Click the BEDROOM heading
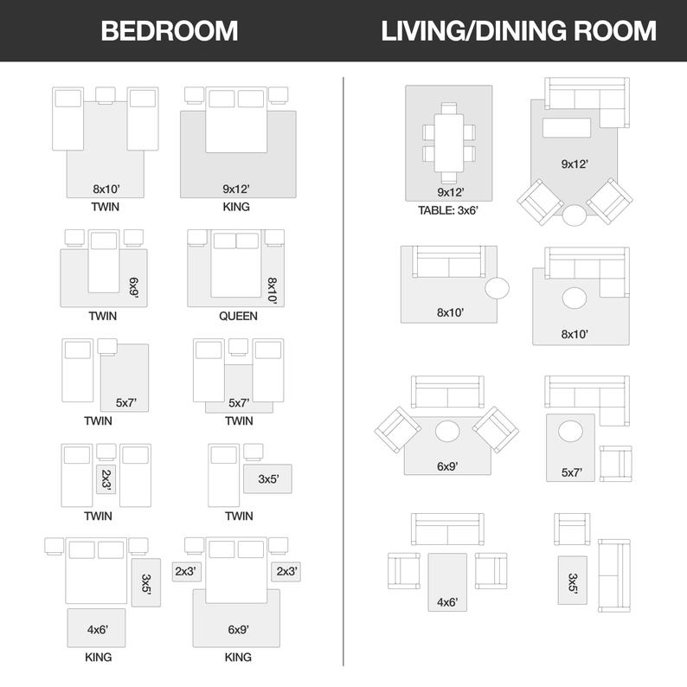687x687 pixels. click(x=169, y=31)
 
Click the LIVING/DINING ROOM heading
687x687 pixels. click(x=519, y=31)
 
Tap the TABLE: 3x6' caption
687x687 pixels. click(x=448, y=211)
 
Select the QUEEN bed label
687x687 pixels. click(x=238, y=316)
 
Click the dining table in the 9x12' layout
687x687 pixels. click(x=449, y=143)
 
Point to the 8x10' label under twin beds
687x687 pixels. click(x=106, y=189)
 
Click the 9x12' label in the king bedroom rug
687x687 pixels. click(x=236, y=189)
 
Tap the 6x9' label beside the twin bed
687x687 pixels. click(x=134, y=288)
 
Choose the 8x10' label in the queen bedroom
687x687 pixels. click(x=273, y=291)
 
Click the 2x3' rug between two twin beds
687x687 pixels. click(x=106, y=479)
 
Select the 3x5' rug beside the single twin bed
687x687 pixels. click(x=267, y=478)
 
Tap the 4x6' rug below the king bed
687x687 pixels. click(x=96, y=628)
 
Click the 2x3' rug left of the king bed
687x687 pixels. click(x=187, y=572)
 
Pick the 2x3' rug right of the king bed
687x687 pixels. click(x=286, y=572)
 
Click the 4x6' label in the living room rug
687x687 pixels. click(x=447, y=602)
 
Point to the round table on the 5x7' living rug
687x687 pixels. click(x=570, y=432)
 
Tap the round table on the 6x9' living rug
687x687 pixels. click(x=447, y=432)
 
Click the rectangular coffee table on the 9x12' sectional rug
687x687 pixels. click(x=567, y=128)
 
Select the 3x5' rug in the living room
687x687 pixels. click(x=572, y=581)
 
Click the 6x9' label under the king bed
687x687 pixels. click(x=239, y=630)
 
